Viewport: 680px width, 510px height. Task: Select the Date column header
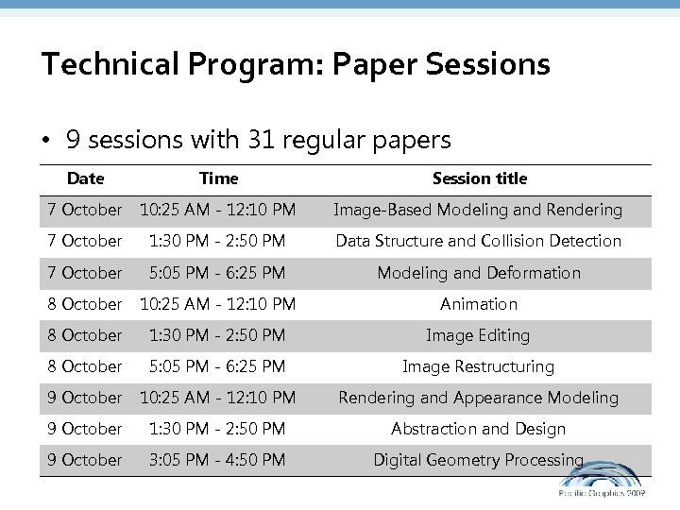85,178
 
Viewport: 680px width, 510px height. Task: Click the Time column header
218,178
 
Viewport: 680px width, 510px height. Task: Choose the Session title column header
479,178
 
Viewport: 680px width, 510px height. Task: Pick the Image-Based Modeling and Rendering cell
479,210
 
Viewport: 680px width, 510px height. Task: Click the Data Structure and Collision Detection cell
479,241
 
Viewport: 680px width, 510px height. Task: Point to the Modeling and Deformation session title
479,273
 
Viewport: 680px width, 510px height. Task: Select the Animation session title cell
479,304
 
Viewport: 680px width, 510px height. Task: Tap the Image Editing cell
479,335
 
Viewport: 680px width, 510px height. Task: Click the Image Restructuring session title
479,366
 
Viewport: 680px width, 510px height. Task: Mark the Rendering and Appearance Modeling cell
479,398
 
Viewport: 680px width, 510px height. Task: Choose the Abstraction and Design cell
479,429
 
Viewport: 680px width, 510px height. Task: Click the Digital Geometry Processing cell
479,460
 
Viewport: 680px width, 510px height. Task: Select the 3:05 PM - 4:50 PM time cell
218,460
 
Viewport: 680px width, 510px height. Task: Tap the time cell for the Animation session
218,304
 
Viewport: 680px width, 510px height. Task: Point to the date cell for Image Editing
85,335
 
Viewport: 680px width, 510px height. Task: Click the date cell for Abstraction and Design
85,429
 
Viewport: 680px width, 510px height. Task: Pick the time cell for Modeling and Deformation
218,273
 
